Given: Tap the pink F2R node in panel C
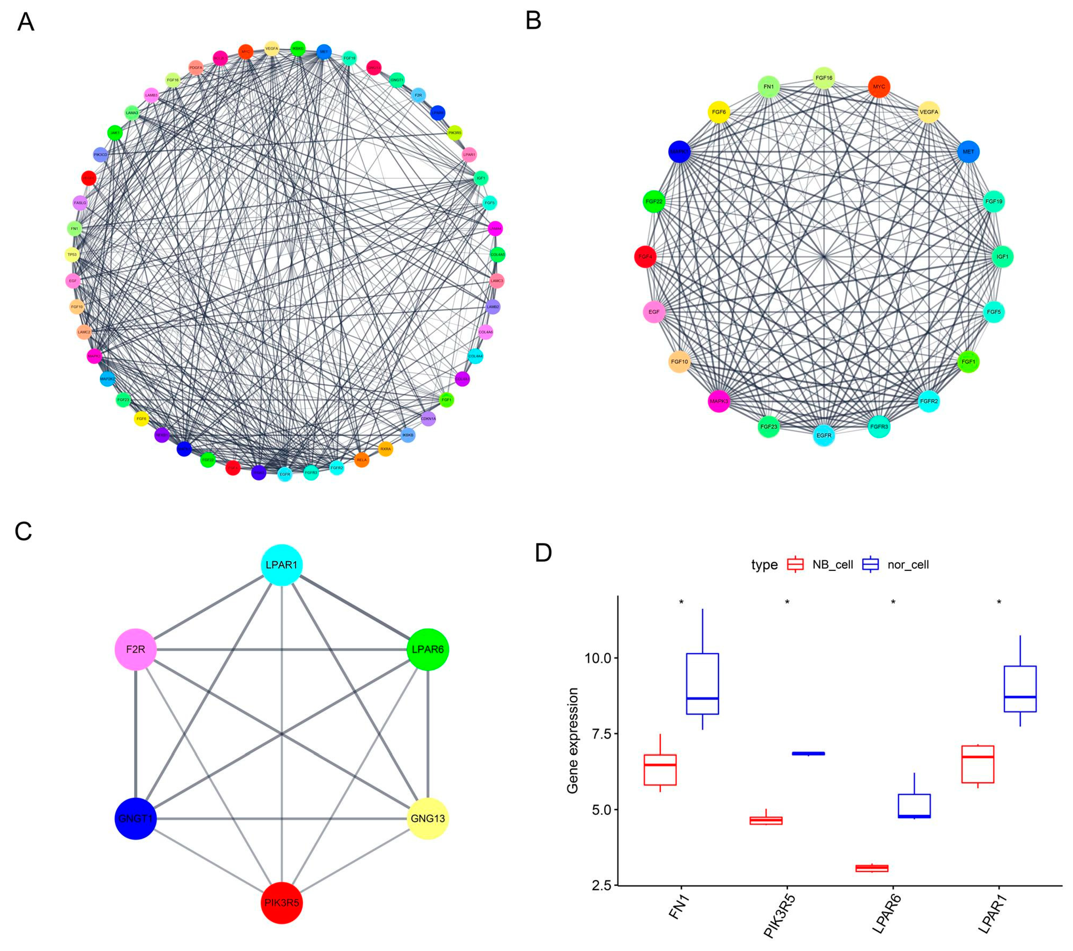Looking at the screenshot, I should (135, 649).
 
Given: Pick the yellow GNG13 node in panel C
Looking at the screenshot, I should (428, 818).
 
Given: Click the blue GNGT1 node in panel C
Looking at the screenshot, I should (135, 818).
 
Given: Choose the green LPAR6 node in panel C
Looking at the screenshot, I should (428, 649).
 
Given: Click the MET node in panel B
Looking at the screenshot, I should (969, 152).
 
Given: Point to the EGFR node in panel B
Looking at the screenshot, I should (824, 435).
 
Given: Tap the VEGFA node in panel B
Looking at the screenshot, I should (929, 112).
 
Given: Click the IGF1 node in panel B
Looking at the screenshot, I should (1002, 257).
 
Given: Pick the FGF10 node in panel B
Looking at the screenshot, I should (679, 362).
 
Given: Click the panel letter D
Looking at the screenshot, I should (543, 553).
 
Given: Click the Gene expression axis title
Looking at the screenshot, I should (573, 740).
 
